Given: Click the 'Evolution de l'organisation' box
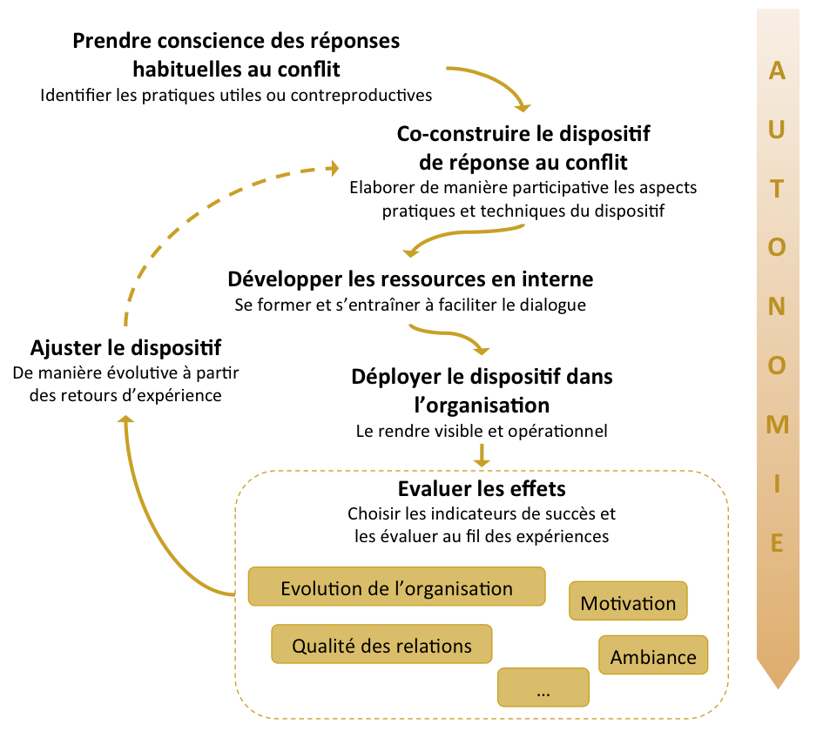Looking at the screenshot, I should (x=396, y=587).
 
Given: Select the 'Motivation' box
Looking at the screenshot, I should (x=628, y=602).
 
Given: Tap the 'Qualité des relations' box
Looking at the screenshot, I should (x=381, y=646).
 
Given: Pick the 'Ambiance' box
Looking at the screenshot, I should (x=653, y=656).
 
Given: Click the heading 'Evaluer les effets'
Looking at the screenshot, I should (x=482, y=488).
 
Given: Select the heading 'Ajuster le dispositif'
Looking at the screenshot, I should (x=125, y=348).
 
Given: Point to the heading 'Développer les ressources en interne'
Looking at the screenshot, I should (x=410, y=279).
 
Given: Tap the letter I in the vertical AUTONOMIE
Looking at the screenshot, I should (x=778, y=484).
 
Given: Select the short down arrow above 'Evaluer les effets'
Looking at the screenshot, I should (x=482, y=454).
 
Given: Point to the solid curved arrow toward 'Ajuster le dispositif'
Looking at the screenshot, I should (x=152, y=522).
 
